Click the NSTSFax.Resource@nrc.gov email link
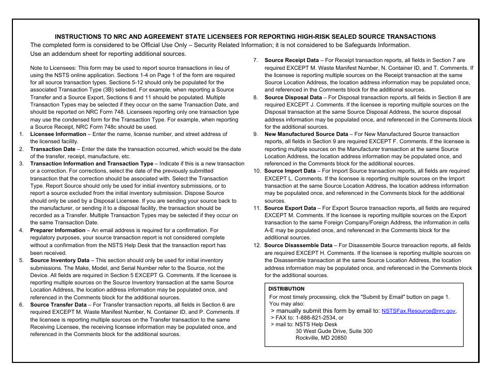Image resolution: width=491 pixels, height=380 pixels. (x=418, y=311)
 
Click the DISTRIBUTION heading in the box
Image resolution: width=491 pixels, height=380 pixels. (x=286, y=289)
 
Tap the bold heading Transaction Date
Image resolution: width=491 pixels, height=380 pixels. (x=52, y=149)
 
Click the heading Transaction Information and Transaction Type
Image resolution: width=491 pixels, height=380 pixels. (x=91, y=164)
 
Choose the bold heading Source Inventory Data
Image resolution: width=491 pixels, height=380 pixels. (x=59, y=261)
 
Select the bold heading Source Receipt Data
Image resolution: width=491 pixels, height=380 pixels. (x=291, y=60)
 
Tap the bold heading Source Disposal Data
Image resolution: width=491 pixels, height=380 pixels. (x=293, y=97)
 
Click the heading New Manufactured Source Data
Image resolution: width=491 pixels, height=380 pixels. (x=306, y=134)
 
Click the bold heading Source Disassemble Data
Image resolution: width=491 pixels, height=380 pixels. (x=298, y=246)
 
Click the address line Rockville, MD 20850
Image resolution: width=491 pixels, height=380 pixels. (x=321, y=338)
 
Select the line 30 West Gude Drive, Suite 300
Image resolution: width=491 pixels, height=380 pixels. (x=333, y=331)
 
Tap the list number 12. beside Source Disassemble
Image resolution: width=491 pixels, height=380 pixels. (x=257, y=246)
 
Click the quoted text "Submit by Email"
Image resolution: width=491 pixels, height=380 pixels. (x=383, y=297)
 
